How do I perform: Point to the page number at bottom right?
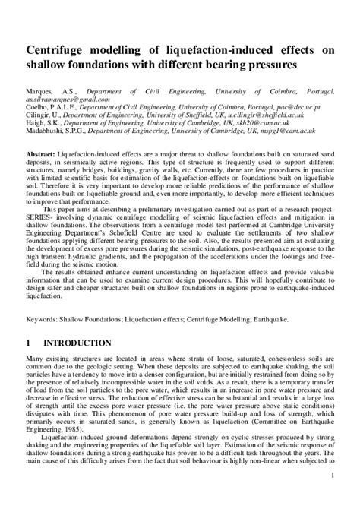[335, 496]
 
